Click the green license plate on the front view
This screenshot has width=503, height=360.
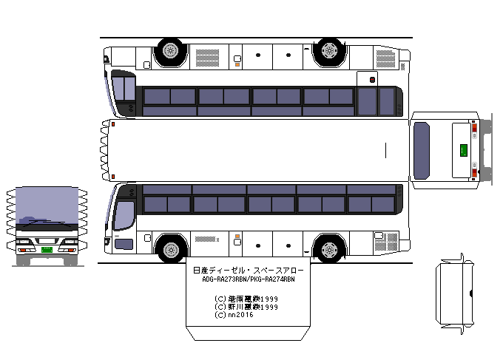[47, 250]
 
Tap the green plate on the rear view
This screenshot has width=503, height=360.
[464, 149]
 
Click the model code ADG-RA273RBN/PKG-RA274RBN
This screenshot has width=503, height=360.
[247, 280]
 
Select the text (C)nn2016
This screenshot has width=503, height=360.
[232, 314]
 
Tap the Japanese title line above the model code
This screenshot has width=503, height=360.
[247, 271]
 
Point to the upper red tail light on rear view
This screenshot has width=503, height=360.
[473, 126]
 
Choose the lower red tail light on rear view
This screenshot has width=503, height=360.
[473, 173]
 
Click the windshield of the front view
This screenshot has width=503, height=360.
[47, 207]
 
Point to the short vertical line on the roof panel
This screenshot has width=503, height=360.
[386, 150]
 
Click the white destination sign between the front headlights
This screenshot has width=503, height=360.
[47, 241]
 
